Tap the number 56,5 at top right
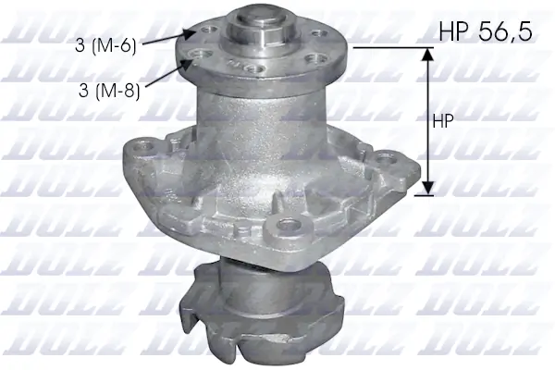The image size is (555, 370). pos(504,32)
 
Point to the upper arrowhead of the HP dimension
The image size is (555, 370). pos(426,55)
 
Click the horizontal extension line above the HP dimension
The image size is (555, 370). pos(388,47)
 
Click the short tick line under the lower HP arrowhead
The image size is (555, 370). pos(426,195)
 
